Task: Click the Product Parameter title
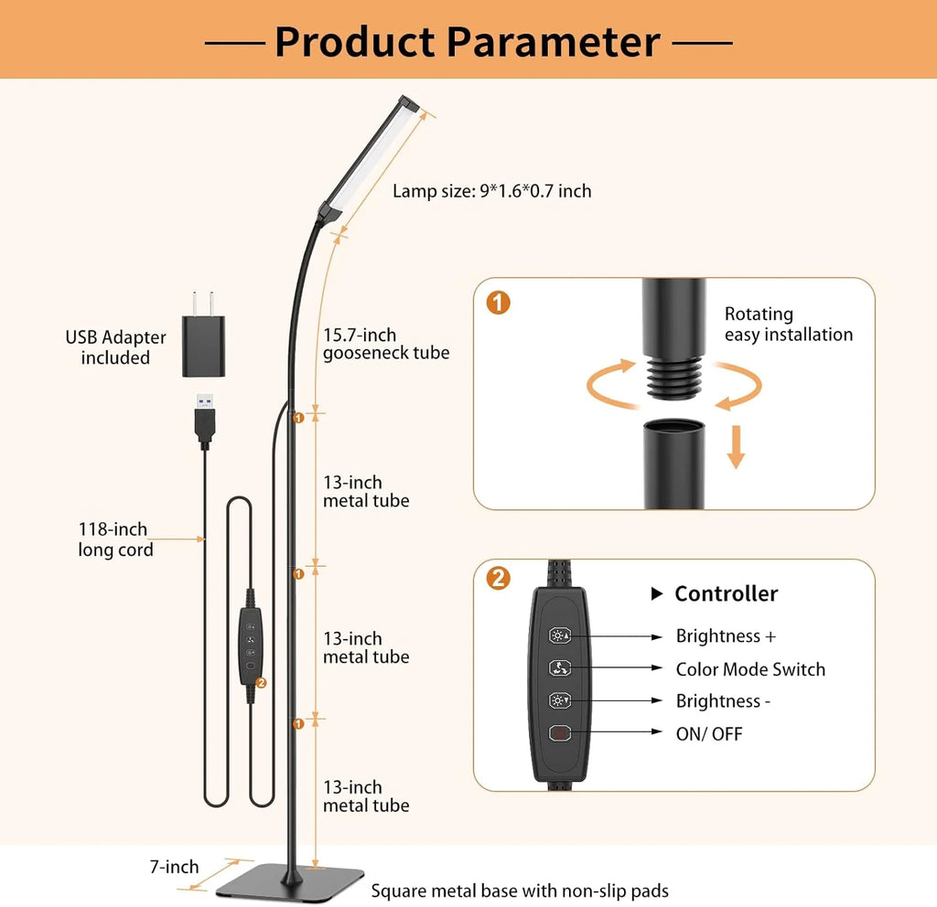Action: (x=468, y=41)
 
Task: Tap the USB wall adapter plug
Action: (x=203, y=338)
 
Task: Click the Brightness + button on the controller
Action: (x=559, y=635)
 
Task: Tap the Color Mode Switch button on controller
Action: (x=559, y=668)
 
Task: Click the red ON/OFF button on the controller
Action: (x=559, y=733)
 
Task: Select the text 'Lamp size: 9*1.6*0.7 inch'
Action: (x=492, y=191)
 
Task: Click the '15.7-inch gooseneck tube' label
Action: (x=386, y=344)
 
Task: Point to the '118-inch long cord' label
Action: (x=115, y=539)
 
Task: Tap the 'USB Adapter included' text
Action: (x=115, y=347)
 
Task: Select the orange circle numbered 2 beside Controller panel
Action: (x=499, y=579)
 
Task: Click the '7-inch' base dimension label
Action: (x=174, y=867)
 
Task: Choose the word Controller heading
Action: (x=726, y=593)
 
